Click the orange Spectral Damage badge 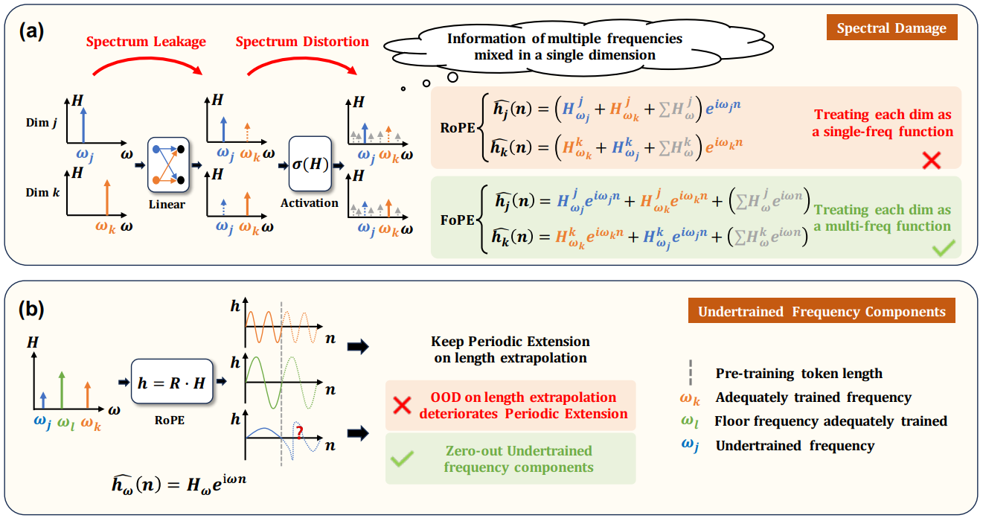pyautogui.click(x=891, y=29)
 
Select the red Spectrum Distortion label pyautogui.click(x=302, y=42)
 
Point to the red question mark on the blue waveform pyautogui.click(x=299, y=431)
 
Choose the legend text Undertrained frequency pyautogui.click(x=795, y=446)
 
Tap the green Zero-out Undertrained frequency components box pyautogui.click(x=510, y=459)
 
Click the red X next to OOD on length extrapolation pyautogui.click(x=402, y=406)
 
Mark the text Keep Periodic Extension pyautogui.click(x=510, y=342)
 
